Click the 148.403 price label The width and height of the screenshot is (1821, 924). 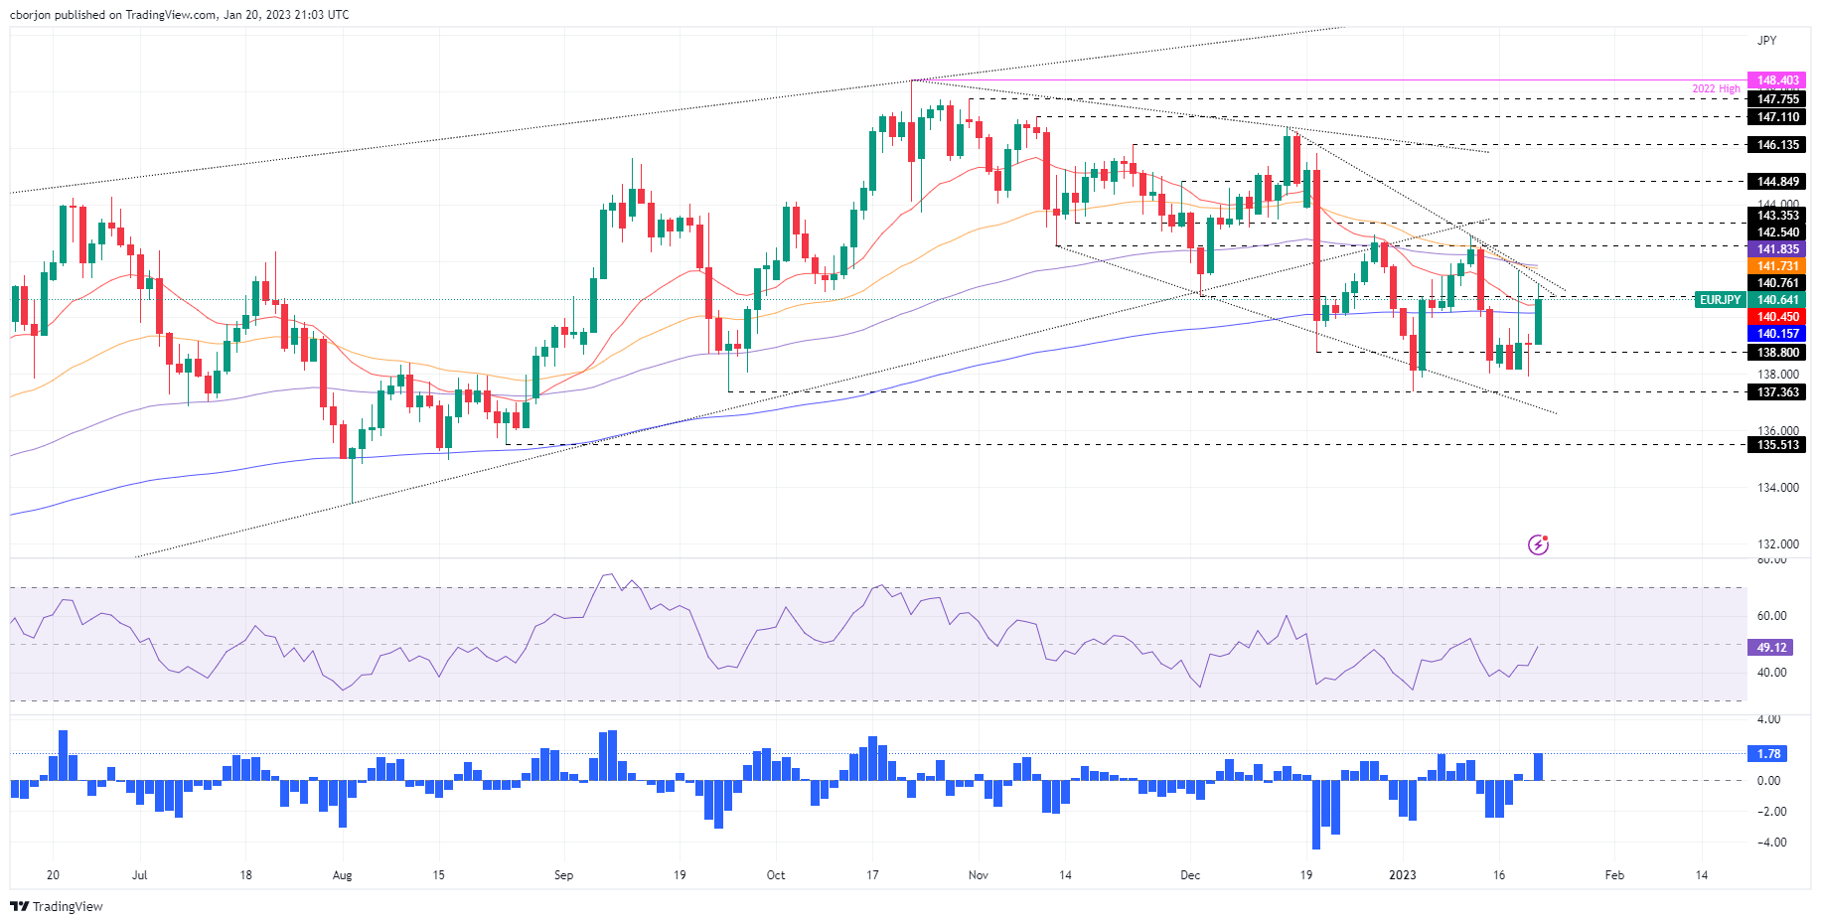pyautogui.click(x=1776, y=80)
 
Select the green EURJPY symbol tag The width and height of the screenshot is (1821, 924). pyautogui.click(x=1720, y=300)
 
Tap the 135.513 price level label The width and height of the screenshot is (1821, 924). pyautogui.click(x=1776, y=445)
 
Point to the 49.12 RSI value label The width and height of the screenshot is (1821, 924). pyautogui.click(x=1770, y=648)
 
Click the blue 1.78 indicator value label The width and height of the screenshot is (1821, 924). pyautogui.click(x=1768, y=754)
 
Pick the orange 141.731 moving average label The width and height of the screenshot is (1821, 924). pyautogui.click(x=1776, y=266)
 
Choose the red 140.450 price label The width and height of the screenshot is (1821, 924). pyautogui.click(x=1776, y=317)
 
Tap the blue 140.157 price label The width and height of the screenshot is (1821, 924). pyautogui.click(x=1776, y=334)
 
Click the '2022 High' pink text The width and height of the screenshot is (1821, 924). pyautogui.click(x=1716, y=89)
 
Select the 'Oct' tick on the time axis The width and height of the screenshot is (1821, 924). pyautogui.click(x=776, y=875)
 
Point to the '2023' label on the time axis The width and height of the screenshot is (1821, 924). pyautogui.click(x=1402, y=875)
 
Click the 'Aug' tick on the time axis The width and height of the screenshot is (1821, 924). pyautogui.click(x=342, y=875)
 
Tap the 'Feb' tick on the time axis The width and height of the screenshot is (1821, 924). pyautogui.click(x=1614, y=875)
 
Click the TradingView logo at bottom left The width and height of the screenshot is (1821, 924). pyautogui.click(x=57, y=906)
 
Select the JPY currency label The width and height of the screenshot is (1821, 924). pyautogui.click(x=1766, y=41)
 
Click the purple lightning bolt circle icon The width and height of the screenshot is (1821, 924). pyautogui.click(x=1538, y=544)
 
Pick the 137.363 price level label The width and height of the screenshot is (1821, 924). pyautogui.click(x=1776, y=392)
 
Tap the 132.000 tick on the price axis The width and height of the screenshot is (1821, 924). pyautogui.click(x=1777, y=544)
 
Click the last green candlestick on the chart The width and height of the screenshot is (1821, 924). pyautogui.click(x=1538, y=321)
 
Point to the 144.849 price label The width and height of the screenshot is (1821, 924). pyautogui.click(x=1776, y=182)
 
